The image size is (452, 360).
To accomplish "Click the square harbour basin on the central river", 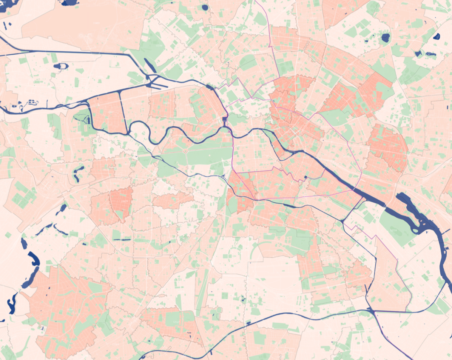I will tap(225, 120).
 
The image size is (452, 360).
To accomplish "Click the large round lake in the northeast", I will tap(385, 37).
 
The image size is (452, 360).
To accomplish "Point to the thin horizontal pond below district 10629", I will tap(122, 240).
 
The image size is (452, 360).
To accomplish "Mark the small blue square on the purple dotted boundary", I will tap(305, 177).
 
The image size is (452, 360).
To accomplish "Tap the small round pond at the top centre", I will tap(205, 7).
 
